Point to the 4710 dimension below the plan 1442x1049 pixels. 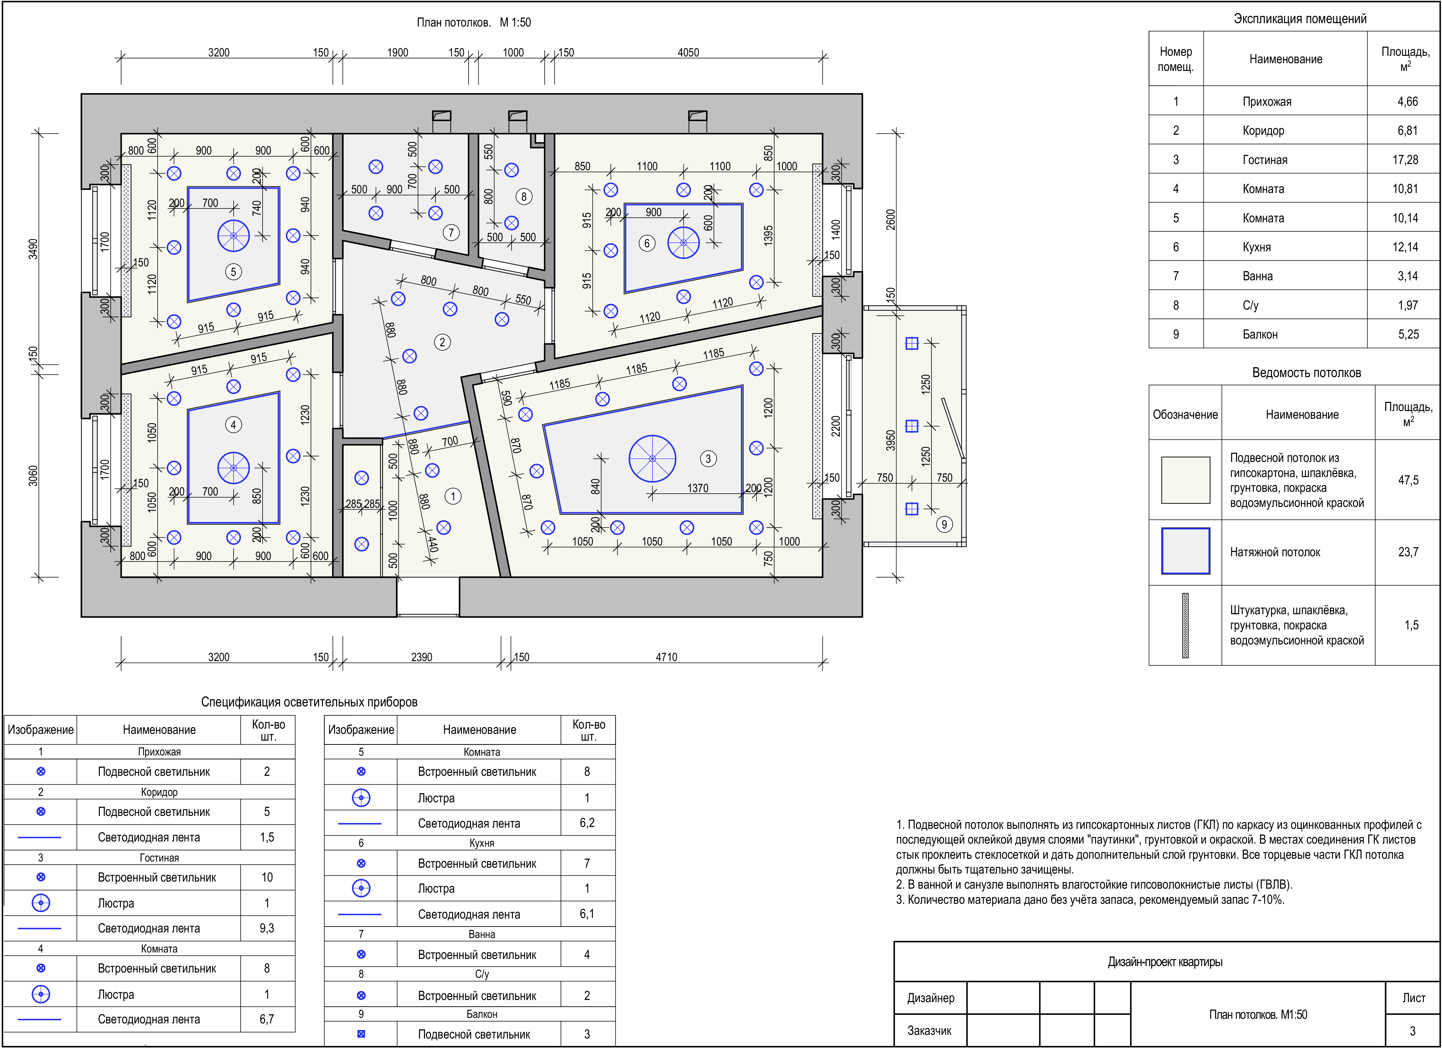click(666, 657)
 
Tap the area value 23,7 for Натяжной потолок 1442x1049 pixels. click(1408, 552)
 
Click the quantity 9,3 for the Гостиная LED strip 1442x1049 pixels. click(267, 928)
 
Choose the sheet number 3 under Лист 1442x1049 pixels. click(1413, 1030)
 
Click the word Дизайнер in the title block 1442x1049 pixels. click(931, 998)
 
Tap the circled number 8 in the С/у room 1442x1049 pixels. click(524, 196)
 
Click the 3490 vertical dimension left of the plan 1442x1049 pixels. click(33, 249)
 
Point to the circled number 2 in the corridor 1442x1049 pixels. click(443, 342)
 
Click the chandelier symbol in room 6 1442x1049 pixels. click(684, 243)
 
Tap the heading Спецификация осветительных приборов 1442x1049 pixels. click(309, 702)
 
